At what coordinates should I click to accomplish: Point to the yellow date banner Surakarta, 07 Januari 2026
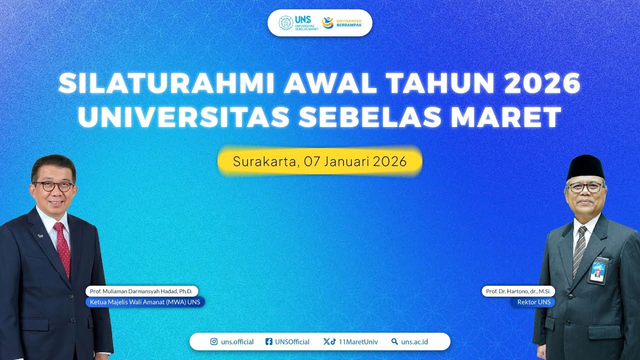[319, 161]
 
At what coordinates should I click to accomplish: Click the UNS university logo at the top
[294, 23]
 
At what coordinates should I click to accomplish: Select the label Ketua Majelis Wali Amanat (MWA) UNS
[145, 302]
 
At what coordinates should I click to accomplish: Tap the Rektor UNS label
[532, 302]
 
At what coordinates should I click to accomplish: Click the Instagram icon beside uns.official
[214, 342]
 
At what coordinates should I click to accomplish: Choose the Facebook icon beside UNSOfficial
[269, 342]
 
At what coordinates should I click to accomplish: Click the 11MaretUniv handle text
[358, 342]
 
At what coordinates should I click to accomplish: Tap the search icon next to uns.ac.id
[394, 342]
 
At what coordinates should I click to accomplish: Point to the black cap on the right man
[585, 166]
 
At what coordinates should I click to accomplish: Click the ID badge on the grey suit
[598, 270]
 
